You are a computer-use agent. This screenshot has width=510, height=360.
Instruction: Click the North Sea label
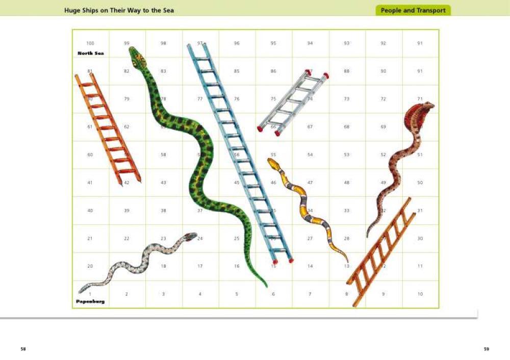91,53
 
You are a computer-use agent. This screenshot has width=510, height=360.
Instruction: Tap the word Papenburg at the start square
91,301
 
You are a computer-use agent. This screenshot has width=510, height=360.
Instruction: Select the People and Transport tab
413,10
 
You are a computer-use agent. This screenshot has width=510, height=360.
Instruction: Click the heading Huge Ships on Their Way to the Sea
119,10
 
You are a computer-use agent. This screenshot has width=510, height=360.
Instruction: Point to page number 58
23,349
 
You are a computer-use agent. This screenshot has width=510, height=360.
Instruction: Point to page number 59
486,349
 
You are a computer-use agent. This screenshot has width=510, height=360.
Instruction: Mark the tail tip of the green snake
266,286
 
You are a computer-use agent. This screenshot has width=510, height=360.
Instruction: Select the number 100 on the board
90,43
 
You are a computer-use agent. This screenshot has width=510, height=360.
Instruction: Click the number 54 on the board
310,155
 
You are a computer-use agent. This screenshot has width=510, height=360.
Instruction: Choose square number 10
420,294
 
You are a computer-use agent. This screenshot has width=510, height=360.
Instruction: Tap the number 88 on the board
347,71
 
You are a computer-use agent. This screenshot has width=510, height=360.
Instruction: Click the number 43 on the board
163,183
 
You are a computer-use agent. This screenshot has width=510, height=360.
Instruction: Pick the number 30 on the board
420,238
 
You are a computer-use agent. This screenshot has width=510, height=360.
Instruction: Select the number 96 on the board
237,43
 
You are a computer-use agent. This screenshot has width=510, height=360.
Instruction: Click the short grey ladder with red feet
293,102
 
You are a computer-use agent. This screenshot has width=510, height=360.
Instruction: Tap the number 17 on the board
200,266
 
